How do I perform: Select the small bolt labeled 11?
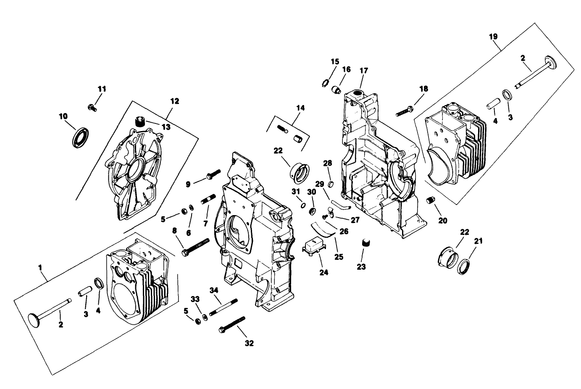92,108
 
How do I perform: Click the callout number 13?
166,127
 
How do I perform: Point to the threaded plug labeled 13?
139,122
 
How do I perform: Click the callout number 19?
493,37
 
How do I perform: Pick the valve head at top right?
549,61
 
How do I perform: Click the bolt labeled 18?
404,112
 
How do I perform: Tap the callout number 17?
363,70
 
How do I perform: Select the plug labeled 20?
430,200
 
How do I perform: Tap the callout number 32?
249,343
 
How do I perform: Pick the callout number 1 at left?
40,267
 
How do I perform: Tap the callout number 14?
300,108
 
